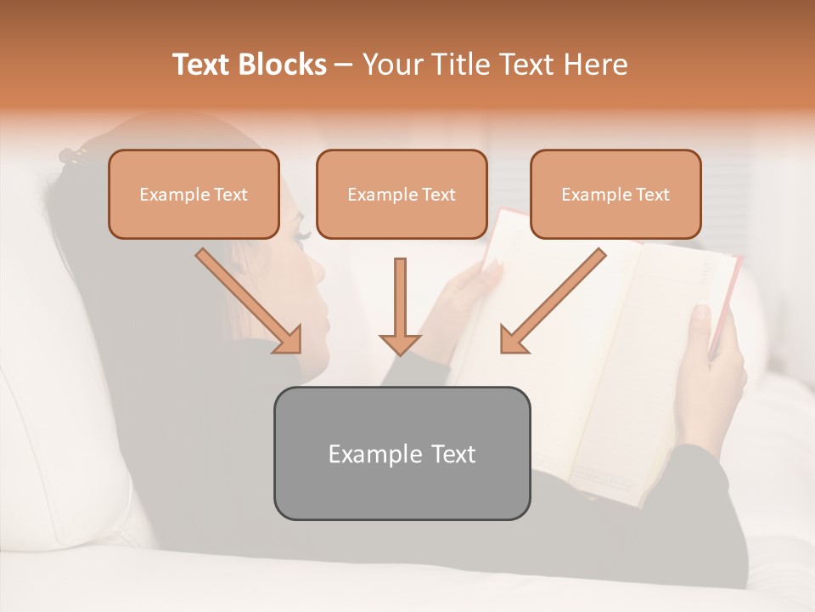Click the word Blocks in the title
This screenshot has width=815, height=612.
point(283,65)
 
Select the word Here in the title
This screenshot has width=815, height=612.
point(595,65)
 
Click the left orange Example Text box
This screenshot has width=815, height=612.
point(194,195)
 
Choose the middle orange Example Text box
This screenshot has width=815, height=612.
point(402,195)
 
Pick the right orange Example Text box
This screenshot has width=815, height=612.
point(615,195)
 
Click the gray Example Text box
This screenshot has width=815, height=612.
point(402,453)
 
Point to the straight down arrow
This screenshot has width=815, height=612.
point(400,306)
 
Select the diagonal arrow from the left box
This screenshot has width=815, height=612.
point(249,300)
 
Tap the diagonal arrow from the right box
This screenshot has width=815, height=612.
point(553,300)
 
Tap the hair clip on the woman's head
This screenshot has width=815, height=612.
point(74,156)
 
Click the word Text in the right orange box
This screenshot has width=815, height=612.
point(652,195)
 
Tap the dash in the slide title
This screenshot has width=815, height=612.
point(344,65)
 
